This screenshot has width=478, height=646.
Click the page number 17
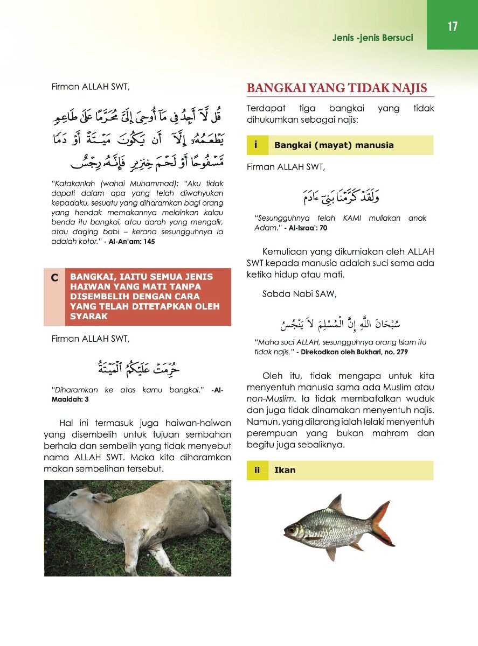[x=452, y=26]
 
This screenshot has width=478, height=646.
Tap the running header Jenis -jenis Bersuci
[x=372, y=38]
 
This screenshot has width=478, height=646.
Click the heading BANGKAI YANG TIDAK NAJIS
[x=337, y=88]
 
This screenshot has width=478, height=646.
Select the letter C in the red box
[x=54, y=278]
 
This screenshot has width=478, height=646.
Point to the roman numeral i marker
[x=256, y=145]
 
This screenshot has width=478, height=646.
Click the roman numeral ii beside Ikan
[x=258, y=470]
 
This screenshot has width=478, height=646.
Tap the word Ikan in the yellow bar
[x=285, y=470]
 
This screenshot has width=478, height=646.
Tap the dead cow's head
[x=73, y=508]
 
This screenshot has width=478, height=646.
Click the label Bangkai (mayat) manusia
[x=334, y=145]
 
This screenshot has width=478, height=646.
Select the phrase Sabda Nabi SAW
[x=299, y=294]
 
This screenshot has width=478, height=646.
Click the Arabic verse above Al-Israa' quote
[x=340, y=198]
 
